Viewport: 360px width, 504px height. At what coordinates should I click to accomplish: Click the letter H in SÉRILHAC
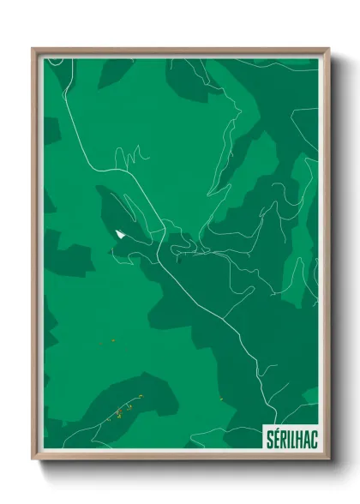tap(294, 435)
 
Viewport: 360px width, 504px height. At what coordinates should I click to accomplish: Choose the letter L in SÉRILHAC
tap(287, 435)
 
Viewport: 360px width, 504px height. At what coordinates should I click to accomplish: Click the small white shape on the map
tap(117, 232)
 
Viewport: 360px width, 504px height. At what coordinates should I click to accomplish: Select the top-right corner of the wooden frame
tap(327, 49)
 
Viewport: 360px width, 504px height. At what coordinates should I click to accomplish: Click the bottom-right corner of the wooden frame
tap(327, 459)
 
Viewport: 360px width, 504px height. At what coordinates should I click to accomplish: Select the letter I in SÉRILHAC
tap(283, 435)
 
